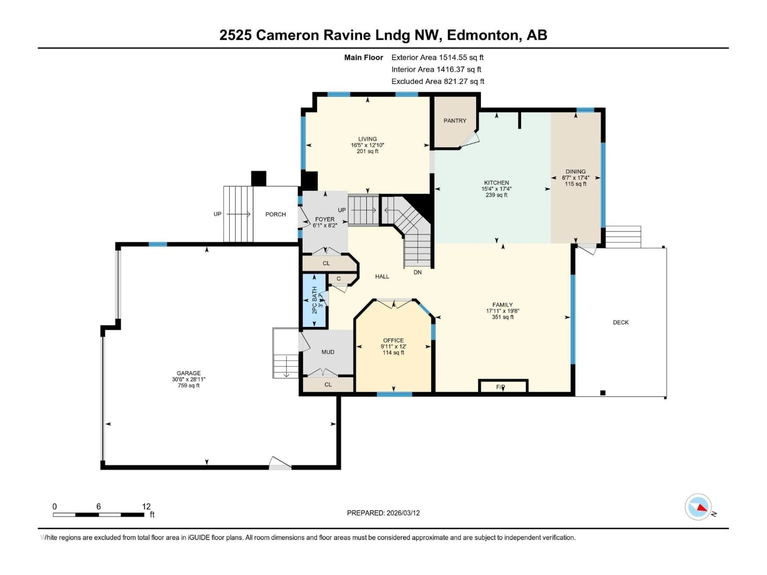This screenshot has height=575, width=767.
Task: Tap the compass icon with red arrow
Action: click(698, 507)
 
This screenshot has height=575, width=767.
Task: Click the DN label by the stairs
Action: click(417, 272)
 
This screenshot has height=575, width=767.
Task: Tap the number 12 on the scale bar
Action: click(146, 507)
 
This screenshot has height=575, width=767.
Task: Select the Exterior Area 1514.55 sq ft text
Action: click(437, 57)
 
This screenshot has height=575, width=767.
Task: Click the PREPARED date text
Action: click(383, 513)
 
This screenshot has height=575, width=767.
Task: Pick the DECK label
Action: click(621, 322)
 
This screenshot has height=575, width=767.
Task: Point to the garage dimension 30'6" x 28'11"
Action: click(189, 379)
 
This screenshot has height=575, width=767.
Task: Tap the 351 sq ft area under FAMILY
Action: click(502, 317)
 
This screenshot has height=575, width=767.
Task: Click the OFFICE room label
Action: click(393, 340)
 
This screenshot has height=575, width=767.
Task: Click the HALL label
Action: click(382, 277)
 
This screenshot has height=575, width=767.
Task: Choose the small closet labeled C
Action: click(339, 279)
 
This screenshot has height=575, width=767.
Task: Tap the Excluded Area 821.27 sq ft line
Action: click(438, 81)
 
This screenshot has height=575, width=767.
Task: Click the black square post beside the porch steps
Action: click(259, 178)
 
